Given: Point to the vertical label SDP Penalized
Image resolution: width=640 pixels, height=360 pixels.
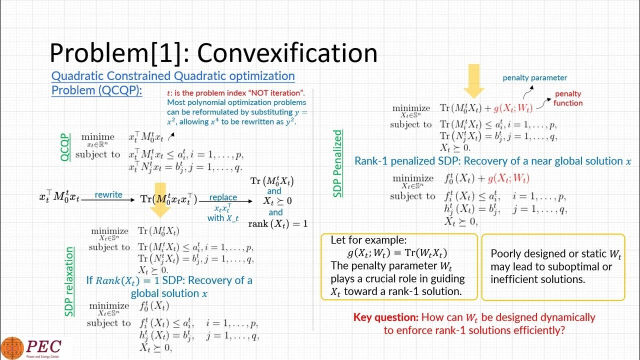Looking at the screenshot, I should pos(338,163).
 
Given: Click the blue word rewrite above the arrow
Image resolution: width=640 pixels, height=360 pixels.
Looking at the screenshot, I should pos(108,194).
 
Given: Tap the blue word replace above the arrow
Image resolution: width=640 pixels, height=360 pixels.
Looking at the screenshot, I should pos(223,197).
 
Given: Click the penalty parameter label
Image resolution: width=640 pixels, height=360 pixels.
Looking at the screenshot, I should pos(534,77).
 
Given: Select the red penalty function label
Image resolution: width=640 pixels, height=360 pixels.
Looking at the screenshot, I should pos(568,98).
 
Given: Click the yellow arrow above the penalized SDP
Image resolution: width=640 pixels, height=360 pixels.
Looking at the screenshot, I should pos(473,80).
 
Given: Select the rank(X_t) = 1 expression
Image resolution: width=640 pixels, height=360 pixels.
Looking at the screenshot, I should pos(278,223).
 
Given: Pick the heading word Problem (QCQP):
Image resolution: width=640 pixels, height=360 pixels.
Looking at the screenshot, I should pos(97,90).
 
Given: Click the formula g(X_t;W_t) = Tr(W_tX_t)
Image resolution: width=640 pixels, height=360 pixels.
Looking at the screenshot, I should pos(397,252).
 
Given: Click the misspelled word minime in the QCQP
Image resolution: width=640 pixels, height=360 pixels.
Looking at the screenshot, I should pos(98,136).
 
